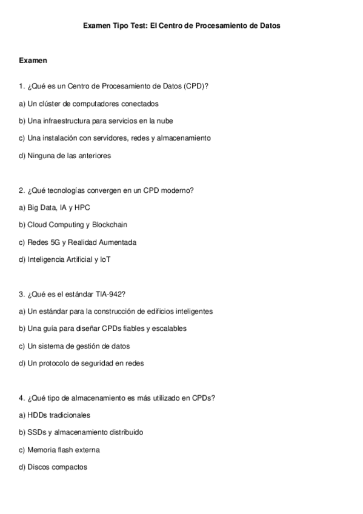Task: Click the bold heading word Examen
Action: click(33, 61)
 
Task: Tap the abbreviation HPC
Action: click(82, 207)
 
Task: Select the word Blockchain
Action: click(110, 225)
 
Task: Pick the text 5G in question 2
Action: click(57, 242)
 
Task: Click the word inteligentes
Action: click(190, 312)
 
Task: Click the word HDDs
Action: click(37, 415)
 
